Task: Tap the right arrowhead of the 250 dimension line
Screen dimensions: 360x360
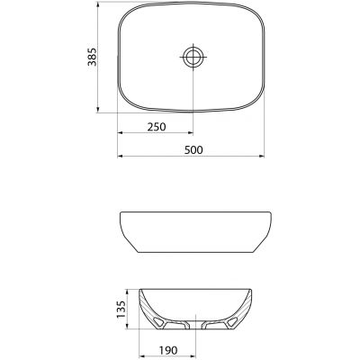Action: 190,138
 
